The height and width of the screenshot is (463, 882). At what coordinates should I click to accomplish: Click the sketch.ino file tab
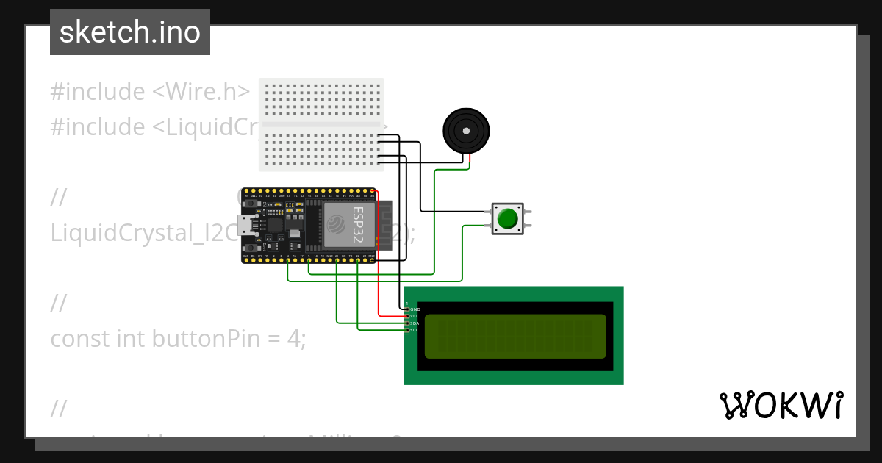tap(130, 32)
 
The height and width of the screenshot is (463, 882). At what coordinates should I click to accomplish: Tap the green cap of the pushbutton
tap(507, 219)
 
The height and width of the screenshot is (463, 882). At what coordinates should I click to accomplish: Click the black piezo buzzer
tap(466, 131)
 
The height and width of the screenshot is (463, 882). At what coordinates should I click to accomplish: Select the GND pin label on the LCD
tap(415, 309)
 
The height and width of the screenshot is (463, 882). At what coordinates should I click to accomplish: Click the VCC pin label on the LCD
tap(415, 316)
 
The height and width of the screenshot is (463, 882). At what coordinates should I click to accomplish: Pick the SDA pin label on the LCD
tap(415, 323)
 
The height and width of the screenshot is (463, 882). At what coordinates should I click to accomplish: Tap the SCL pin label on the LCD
tap(415, 330)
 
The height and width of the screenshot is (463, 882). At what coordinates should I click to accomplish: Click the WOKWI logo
tap(781, 406)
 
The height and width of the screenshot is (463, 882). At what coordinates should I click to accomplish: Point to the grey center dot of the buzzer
tap(466, 130)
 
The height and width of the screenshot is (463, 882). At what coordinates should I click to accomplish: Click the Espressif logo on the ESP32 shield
tap(336, 221)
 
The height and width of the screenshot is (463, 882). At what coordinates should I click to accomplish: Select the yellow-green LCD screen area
tap(515, 336)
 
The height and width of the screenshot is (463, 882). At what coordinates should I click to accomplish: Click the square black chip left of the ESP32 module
tap(276, 224)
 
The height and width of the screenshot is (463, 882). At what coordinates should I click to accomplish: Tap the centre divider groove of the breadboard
tap(320, 125)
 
